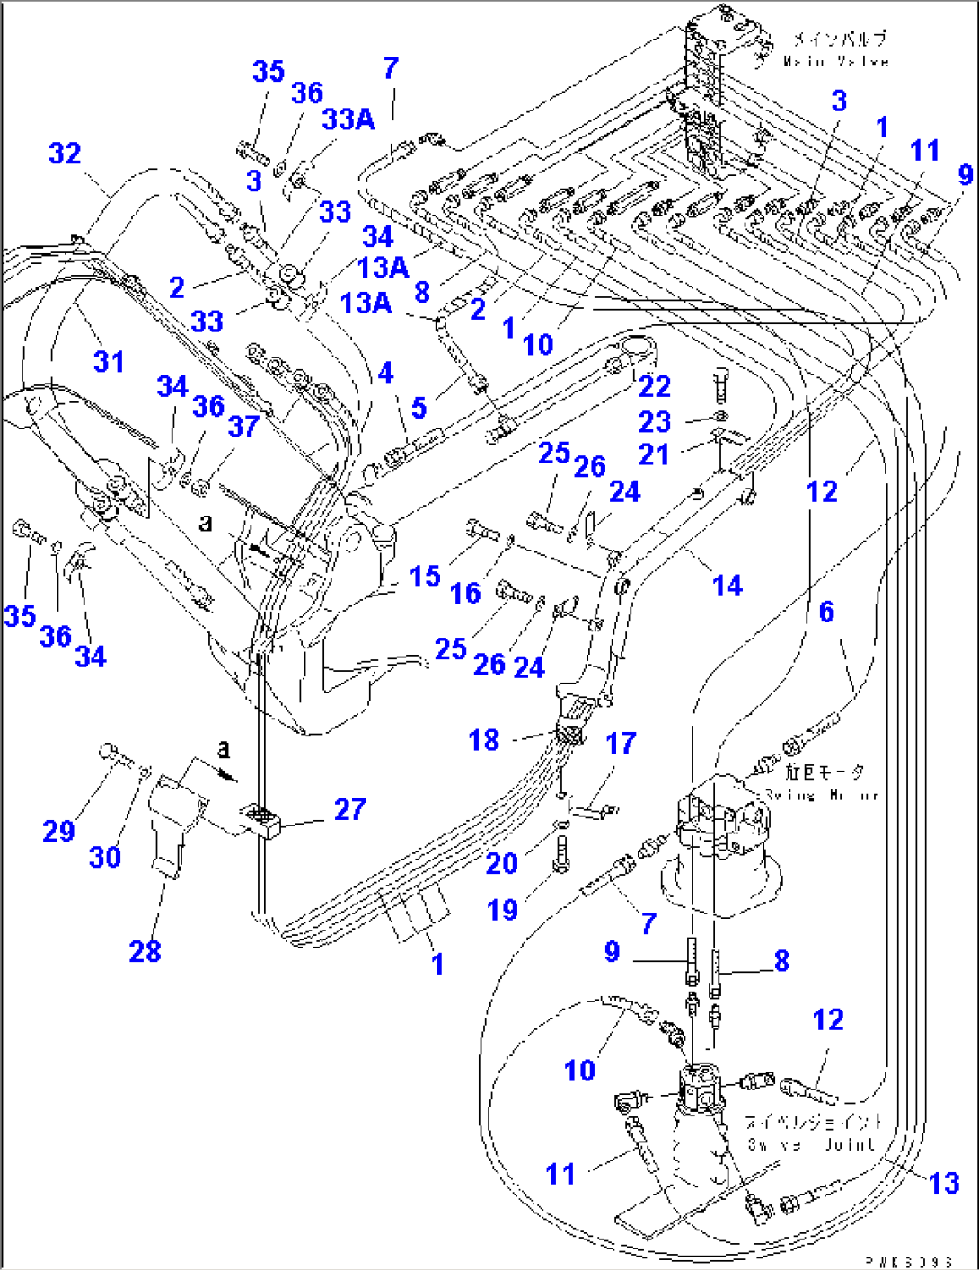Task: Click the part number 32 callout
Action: [x=65, y=154]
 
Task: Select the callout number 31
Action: [x=109, y=362]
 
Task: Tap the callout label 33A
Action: [x=348, y=119]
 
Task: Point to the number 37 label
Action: [x=243, y=426]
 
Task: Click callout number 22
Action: [x=655, y=386]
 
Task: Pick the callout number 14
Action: [x=727, y=586]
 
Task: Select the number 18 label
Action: [x=484, y=740]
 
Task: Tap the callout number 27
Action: [x=349, y=809]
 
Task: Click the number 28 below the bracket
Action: [x=146, y=951]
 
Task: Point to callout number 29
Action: [x=58, y=831]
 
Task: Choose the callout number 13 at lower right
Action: [x=944, y=1183]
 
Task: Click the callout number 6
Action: [x=826, y=612]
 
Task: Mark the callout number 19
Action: [x=502, y=910]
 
